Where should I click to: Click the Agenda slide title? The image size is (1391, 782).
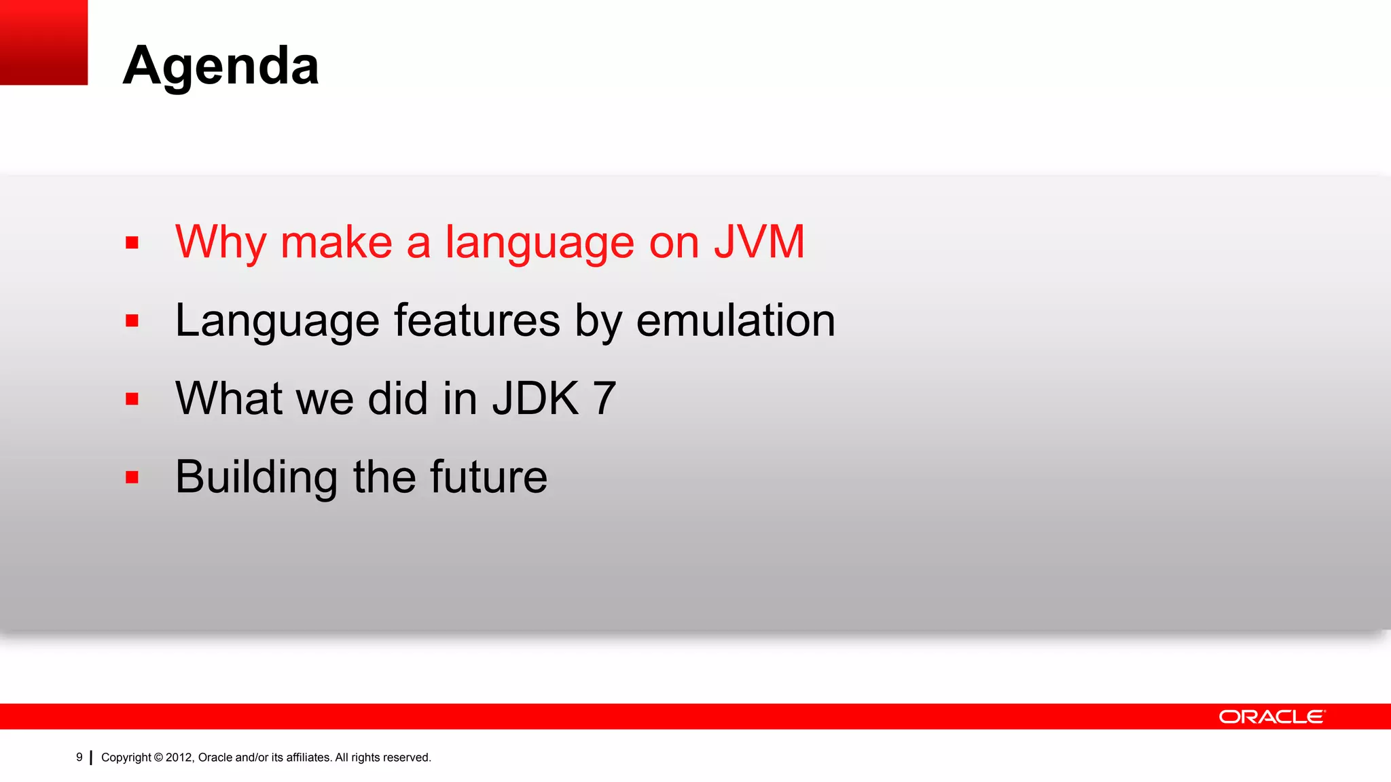(x=221, y=67)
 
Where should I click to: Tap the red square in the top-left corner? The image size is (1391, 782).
(x=43, y=42)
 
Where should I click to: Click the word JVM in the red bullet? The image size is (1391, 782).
(x=759, y=242)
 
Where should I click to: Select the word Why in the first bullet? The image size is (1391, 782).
(x=220, y=242)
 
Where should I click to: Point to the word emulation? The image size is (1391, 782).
(x=736, y=320)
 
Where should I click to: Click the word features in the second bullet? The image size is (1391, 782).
(x=477, y=320)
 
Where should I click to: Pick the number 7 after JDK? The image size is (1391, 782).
(x=604, y=398)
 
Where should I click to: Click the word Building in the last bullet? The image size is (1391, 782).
(x=256, y=477)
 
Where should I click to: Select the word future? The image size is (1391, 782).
(x=488, y=477)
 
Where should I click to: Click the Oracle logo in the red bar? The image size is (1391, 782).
(x=1271, y=717)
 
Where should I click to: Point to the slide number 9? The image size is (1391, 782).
(x=79, y=757)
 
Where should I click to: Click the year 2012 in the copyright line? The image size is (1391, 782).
(x=179, y=758)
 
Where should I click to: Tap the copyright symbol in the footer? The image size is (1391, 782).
(x=158, y=758)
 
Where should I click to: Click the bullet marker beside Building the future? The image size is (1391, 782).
(x=132, y=477)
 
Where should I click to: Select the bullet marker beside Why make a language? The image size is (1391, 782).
(x=132, y=242)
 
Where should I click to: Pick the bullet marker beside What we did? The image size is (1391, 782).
(x=132, y=399)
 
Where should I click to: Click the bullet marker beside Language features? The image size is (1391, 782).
(x=132, y=320)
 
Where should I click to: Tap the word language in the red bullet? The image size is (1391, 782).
(x=539, y=242)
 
